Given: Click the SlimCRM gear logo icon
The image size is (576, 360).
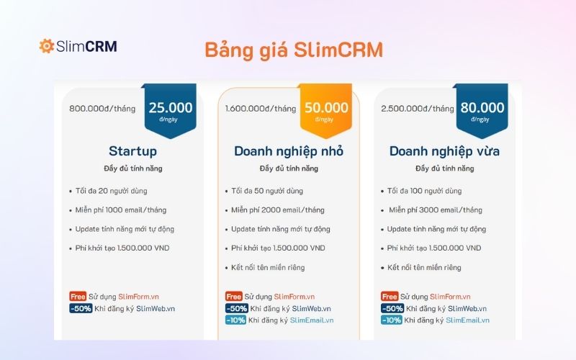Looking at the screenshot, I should [x=47, y=46].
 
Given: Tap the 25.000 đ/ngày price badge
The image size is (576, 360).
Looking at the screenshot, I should [x=171, y=109].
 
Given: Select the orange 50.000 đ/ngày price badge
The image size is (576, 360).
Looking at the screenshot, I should [x=326, y=109].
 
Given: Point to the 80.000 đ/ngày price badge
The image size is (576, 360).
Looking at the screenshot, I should [x=480, y=109].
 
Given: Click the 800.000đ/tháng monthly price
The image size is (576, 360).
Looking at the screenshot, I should [x=102, y=109].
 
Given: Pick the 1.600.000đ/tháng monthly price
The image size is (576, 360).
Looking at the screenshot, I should [x=260, y=109].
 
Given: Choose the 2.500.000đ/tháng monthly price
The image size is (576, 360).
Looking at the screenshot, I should [x=418, y=109].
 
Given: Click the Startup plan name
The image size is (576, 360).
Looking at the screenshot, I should [x=132, y=151].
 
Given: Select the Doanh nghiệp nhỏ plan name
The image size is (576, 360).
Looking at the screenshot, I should [x=289, y=151].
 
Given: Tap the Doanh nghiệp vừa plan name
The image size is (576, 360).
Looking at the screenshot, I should [x=444, y=151].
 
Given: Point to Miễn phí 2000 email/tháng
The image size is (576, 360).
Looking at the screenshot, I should [x=277, y=210].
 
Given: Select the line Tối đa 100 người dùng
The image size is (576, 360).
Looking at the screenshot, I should [x=424, y=191].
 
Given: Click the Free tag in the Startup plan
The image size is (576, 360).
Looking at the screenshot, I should [x=78, y=296].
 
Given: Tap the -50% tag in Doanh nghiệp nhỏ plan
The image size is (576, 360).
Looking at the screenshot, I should [x=235, y=308].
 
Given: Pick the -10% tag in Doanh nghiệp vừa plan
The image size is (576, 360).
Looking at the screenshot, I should [x=392, y=320].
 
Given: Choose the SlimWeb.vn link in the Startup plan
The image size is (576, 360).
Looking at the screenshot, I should [x=156, y=308].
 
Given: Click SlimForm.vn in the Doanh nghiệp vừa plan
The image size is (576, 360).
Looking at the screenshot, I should [x=450, y=296].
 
